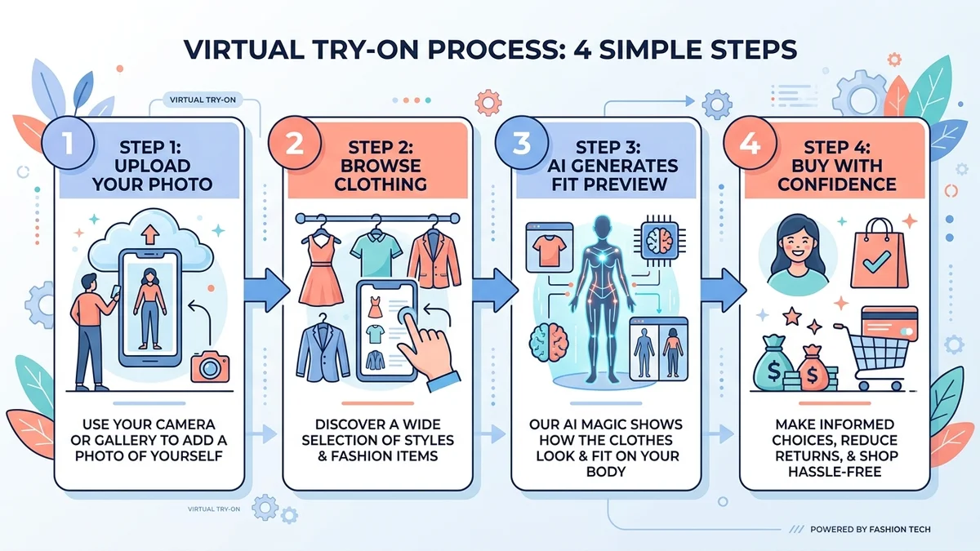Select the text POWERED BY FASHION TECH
870,530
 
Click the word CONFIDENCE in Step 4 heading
835,184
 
